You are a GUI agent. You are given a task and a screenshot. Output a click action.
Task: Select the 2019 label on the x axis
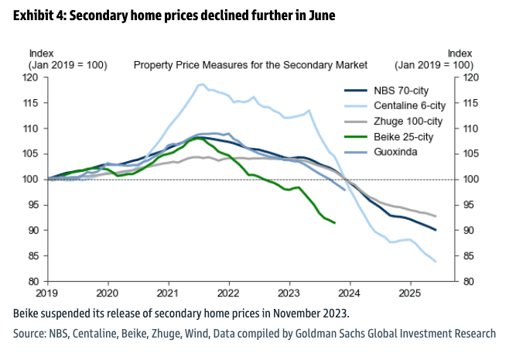click(47, 293)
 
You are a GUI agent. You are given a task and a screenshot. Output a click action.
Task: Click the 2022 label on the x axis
click(228, 293)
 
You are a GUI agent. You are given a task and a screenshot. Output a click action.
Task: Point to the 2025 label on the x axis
click(409, 293)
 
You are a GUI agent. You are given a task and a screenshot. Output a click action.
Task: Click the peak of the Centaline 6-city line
click(201, 84)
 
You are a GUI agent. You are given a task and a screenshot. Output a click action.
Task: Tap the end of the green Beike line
click(334, 223)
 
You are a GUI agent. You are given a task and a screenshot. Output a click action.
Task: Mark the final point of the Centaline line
click(436, 262)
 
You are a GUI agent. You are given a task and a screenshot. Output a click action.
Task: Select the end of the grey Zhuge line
click(436, 216)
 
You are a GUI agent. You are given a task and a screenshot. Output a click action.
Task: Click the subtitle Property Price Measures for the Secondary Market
click(250, 66)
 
